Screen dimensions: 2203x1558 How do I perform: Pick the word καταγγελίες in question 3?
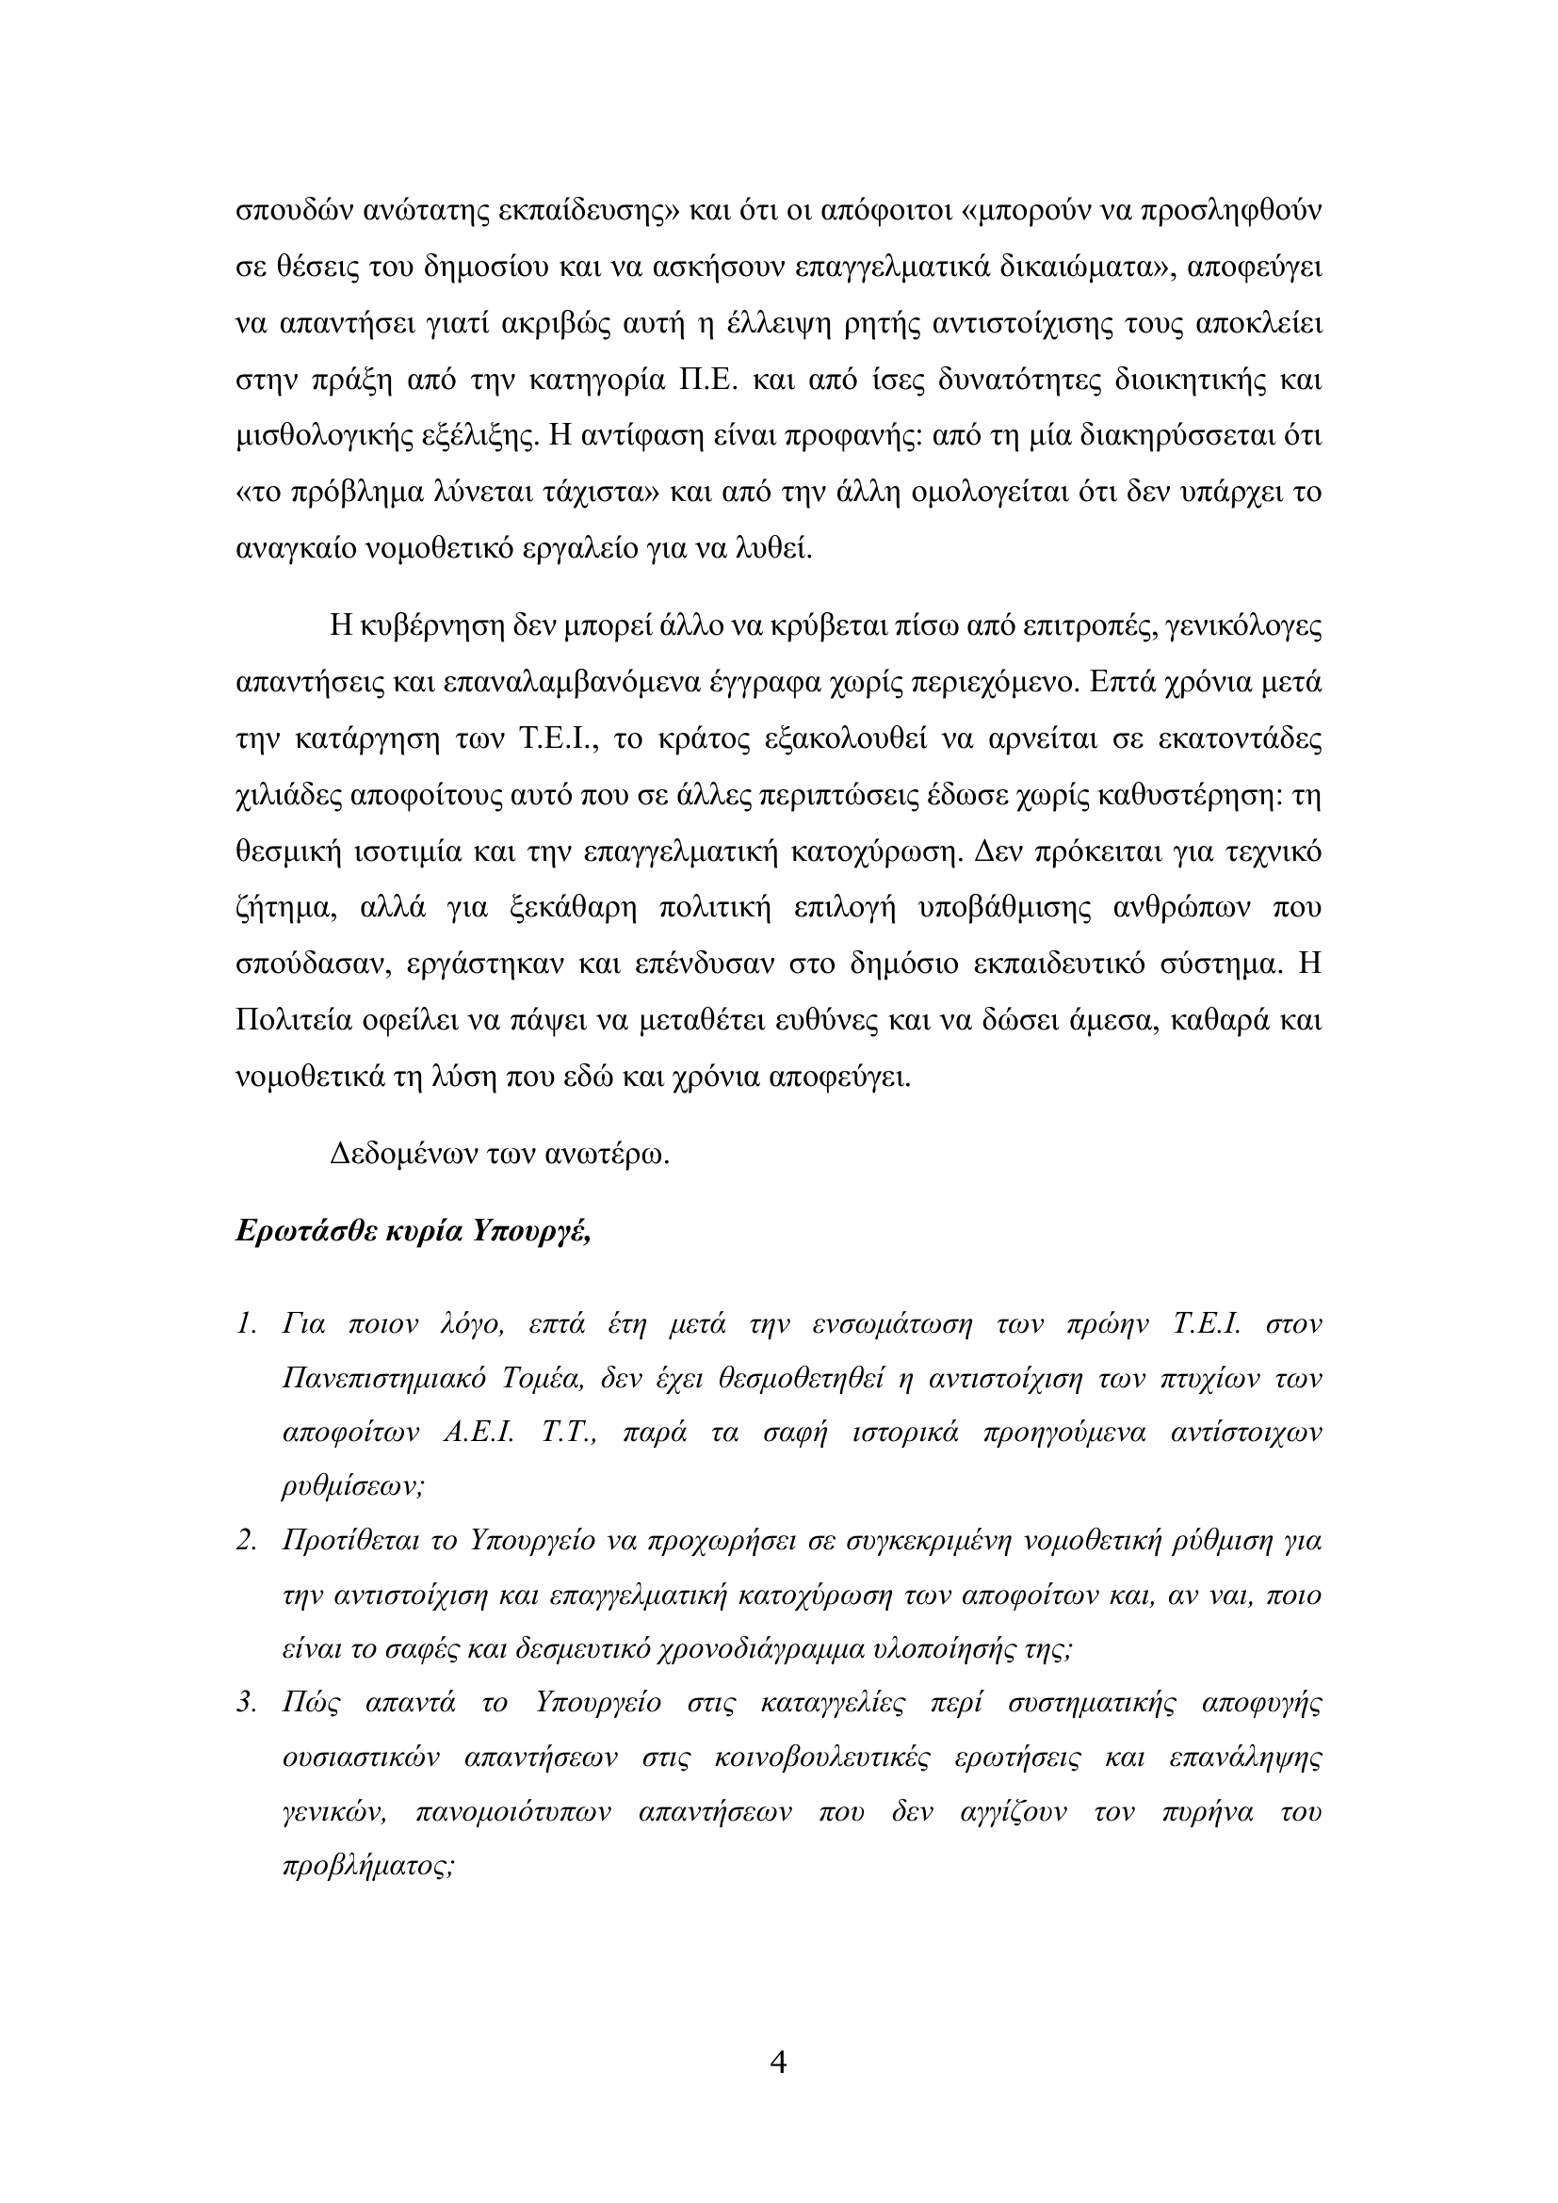(833, 1703)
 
